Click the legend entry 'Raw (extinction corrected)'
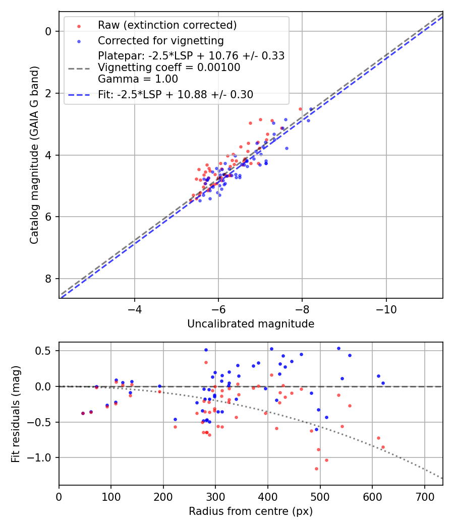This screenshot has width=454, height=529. tap(166, 25)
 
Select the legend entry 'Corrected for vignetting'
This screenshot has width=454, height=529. tap(160, 40)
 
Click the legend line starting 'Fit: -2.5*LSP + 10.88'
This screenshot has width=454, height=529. tap(176, 94)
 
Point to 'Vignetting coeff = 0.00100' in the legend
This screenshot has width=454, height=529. tap(168, 67)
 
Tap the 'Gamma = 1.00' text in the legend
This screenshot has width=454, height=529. tap(138, 79)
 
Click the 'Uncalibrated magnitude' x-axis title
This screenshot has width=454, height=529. tap(251, 324)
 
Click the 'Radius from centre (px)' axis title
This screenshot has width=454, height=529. tap(251, 511)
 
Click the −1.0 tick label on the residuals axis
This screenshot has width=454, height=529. tap(43, 457)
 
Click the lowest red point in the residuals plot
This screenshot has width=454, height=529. tap(316, 469)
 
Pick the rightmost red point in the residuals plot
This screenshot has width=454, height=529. tap(383, 447)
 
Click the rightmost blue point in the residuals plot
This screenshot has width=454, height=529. tap(383, 383)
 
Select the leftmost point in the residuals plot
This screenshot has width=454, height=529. tap(83, 413)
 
